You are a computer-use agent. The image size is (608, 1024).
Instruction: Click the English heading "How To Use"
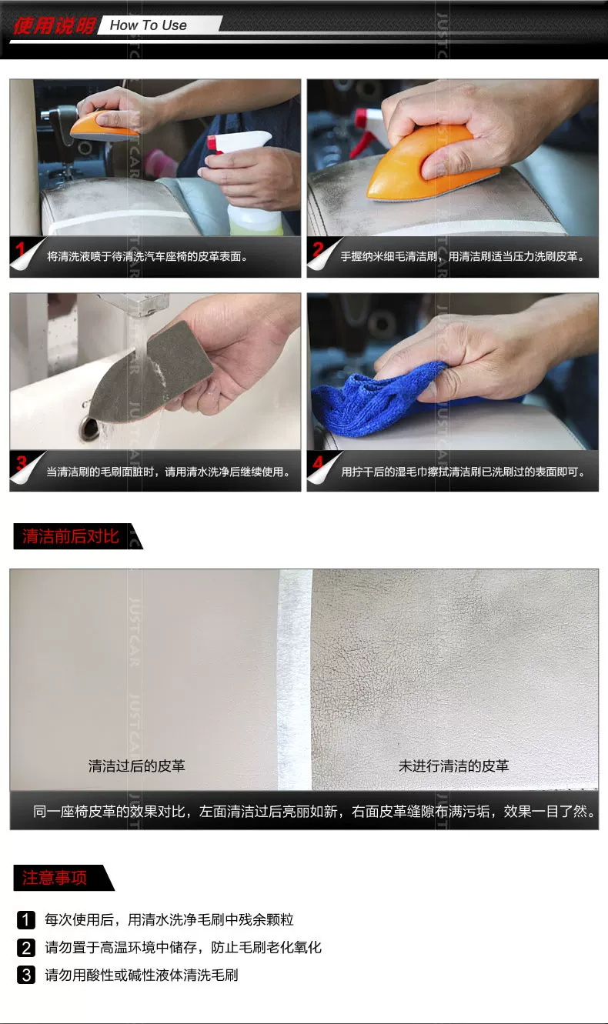click(x=148, y=25)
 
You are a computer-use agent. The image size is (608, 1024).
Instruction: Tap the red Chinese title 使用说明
click(x=54, y=26)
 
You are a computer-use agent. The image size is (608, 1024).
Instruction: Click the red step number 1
click(x=20, y=249)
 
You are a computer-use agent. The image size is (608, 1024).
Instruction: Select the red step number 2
click(x=318, y=249)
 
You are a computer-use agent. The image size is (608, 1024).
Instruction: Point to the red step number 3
click(x=21, y=462)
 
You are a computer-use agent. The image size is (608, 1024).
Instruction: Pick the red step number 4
click(x=318, y=462)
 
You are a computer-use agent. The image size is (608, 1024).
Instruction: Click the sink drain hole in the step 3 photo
click(x=89, y=427)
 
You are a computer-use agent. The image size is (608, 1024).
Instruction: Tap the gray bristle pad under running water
click(x=151, y=371)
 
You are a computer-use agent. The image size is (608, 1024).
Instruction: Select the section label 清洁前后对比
click(x=71, y=536)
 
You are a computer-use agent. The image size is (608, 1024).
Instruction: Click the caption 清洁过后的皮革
click(x=137, y=765)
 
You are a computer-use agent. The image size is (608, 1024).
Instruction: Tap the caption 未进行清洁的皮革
click(x=453, y=765)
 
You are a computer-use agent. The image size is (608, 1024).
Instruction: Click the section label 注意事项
click(x=55, y=878)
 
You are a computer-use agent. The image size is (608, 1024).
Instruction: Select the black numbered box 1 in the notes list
click(x=26, y=920)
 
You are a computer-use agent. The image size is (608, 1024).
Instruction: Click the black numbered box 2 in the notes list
click(x=26, y=948)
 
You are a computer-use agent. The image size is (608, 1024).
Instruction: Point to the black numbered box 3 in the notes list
click(x=26, y=975)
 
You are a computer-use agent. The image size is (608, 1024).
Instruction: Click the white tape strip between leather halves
click(x=295, y=679)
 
